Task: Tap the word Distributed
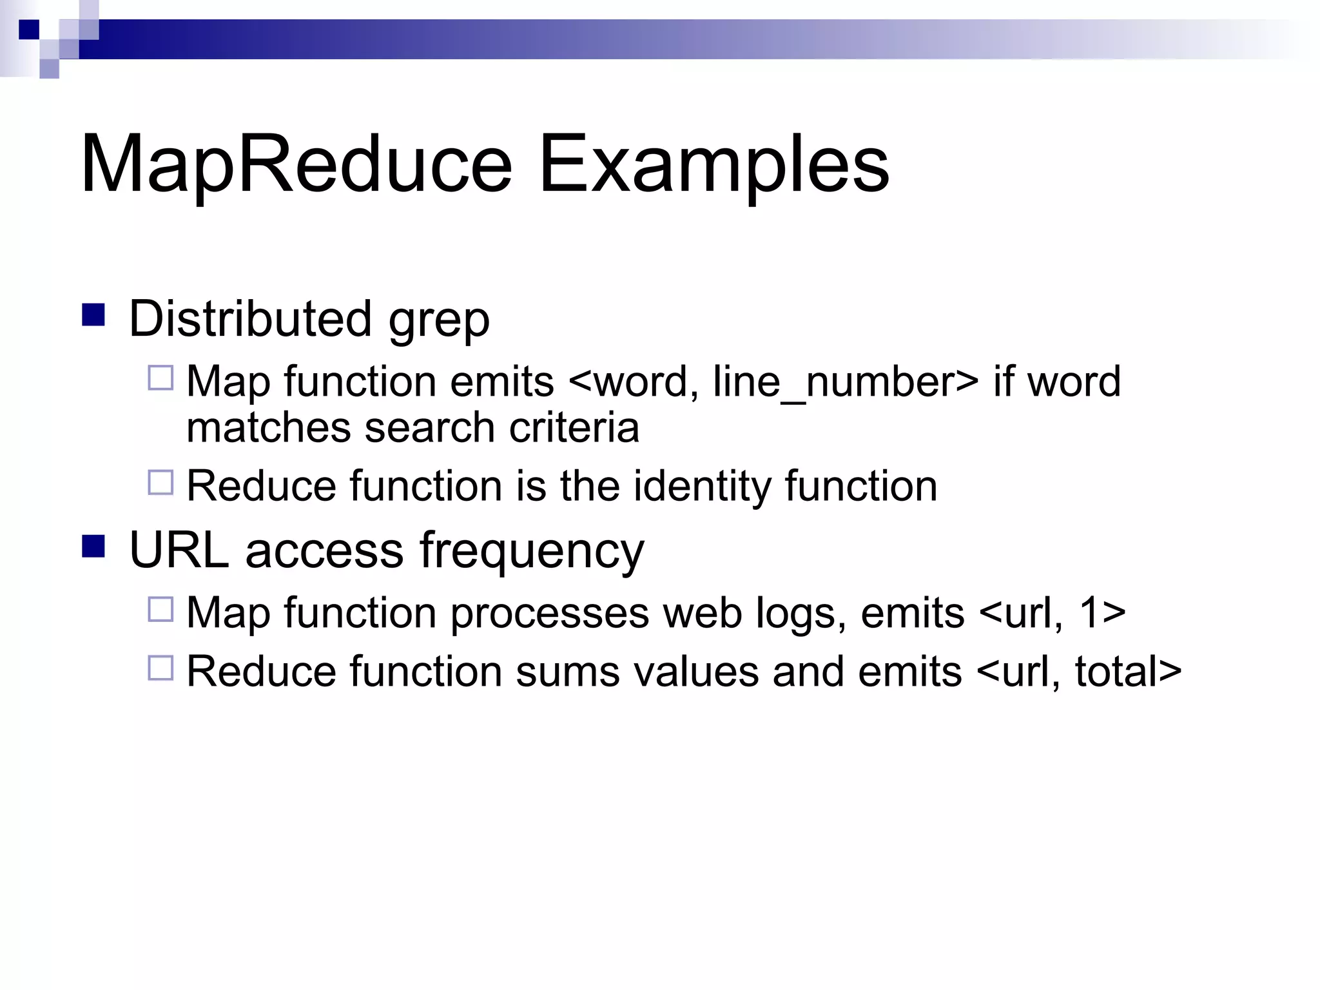pos(250,318)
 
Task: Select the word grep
pos(439,321)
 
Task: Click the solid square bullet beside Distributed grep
pos(93,315)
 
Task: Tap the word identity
pos(702,486)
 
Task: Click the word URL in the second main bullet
pos(179,550)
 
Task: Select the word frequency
pos(532,553)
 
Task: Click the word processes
pos(550,614)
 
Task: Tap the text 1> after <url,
pos(1103,612)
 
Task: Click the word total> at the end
pos(1128,672)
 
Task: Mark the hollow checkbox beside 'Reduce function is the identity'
pos(160,482)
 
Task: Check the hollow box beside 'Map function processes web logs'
pos(160,609)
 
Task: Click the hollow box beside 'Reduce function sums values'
pos(160,668)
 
